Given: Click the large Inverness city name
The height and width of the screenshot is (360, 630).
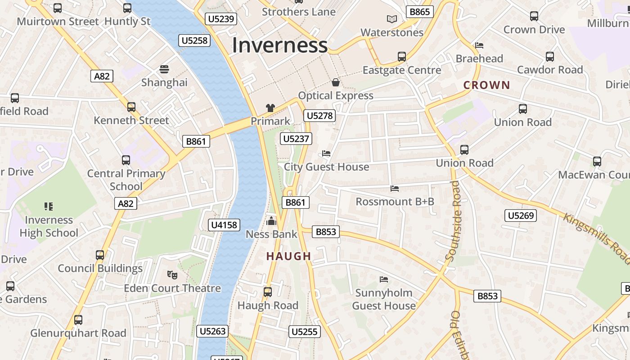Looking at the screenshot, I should point(279,45).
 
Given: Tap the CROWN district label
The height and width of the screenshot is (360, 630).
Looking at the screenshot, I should point(486,85).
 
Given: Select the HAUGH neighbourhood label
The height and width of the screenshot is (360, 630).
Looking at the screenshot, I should point(288,256).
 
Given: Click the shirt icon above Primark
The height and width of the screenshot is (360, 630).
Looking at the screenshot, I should point(270,108).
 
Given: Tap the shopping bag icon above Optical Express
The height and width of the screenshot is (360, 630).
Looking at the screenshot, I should point(336,82).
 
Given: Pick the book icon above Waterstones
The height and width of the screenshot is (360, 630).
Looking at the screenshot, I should point(392,19).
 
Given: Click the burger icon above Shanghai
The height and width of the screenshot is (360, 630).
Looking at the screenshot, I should point(164,69).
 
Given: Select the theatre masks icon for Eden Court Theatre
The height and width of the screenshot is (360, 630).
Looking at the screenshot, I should point(172,274).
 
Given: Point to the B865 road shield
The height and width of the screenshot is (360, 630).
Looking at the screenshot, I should point(419,12).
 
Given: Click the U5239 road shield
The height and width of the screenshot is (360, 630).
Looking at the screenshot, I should point(220,19).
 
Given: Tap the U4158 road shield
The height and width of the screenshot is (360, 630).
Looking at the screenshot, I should point(224,225).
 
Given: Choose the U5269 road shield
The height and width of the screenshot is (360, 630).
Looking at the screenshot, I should point(521,216).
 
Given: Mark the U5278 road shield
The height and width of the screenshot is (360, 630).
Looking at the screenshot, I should point(319,116).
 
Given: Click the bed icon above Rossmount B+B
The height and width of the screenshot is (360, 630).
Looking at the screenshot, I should point(395,189).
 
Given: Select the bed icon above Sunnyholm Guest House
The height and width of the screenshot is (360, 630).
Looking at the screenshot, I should point(384,279).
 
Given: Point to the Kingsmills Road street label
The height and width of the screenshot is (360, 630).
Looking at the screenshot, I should point(596,237).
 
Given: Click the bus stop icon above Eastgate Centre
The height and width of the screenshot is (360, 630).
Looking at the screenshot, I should point(402,57).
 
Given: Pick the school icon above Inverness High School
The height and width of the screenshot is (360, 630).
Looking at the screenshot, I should point(49,207).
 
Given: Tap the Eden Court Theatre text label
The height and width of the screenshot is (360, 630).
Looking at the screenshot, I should point(172,288).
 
